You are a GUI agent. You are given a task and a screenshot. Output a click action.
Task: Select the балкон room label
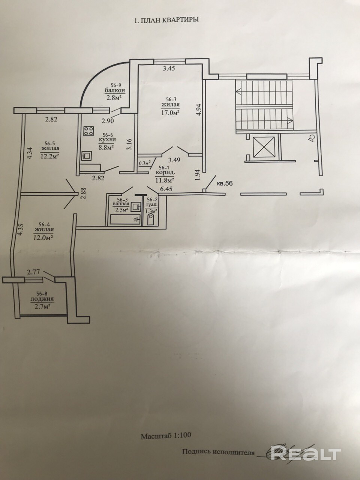tap(114, 91)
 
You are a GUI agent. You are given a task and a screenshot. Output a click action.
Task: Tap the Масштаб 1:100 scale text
tap(166, 436)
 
